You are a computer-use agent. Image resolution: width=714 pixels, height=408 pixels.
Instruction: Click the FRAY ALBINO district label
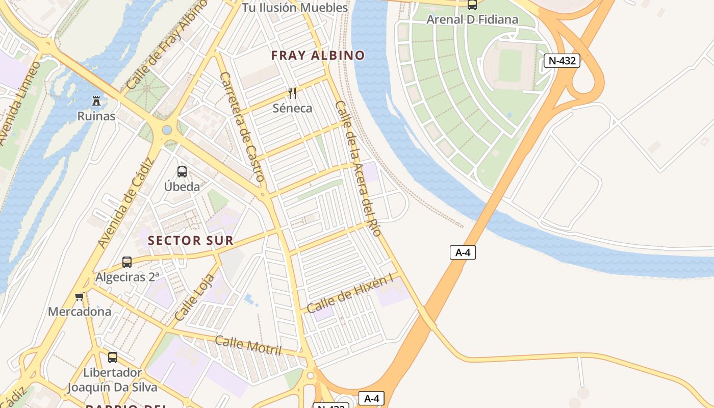(x=318, y=56)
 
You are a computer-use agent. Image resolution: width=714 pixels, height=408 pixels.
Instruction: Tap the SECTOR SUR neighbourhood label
(x=191, y=241)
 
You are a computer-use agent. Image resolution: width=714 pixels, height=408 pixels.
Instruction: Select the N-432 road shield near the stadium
(x=562, y=61)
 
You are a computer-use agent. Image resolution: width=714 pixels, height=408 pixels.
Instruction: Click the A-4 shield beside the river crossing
(x=463, y=252)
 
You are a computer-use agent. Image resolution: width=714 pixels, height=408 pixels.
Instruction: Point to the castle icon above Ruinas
(x=96, y=101)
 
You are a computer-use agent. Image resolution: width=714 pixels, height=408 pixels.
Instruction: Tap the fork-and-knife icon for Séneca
(x=292, y=93)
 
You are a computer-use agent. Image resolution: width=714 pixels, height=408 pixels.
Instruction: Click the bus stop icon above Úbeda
(x=182, y=172)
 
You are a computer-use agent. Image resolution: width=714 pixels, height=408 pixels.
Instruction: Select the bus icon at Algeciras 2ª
(x=127, y=262)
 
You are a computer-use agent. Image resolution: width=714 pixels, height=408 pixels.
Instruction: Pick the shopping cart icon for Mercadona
(x=79, y=297)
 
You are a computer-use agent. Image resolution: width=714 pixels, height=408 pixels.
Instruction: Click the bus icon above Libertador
(x=113, y=358)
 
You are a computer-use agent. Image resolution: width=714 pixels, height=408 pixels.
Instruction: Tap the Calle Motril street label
(x=248, y=345)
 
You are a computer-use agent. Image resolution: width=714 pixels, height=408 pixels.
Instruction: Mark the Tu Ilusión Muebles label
(x=295, y=8)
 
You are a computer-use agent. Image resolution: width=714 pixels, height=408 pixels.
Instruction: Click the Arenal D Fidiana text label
(x=472, y=19)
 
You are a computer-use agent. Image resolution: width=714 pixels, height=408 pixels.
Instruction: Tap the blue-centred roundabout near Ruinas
(x=167, y=130)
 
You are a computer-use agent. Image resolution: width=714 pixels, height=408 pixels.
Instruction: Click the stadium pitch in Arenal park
(x=510, y=66)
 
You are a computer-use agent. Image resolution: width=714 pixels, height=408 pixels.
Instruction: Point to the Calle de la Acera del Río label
(x=358, y=168)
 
